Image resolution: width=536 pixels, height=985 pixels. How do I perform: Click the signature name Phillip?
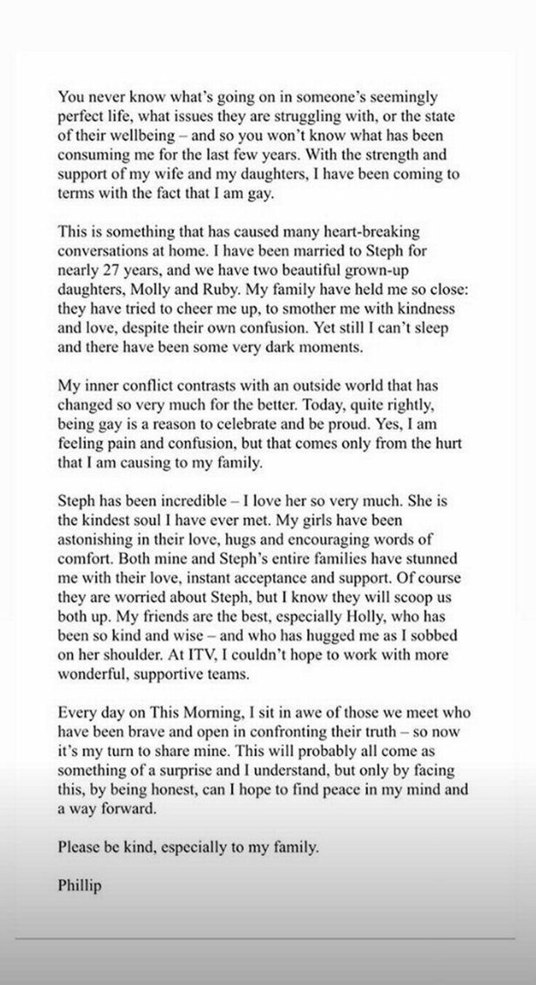(x=80, y=885)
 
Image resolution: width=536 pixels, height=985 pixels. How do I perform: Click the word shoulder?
(x=133, y=655)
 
